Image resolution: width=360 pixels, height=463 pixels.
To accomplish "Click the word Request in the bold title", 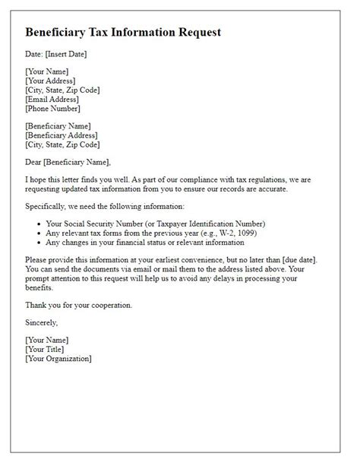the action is click(x=194, y=33).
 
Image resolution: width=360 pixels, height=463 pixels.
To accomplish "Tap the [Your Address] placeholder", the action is click(x=51, y=80).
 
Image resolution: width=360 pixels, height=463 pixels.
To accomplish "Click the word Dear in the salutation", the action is click(x=35, y=161).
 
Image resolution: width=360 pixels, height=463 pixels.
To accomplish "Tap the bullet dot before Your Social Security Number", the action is click(x=38, y=224).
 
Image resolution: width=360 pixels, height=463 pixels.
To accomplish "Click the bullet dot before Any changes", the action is click(x=38, y=243).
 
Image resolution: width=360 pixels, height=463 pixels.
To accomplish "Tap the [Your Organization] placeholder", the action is click(x=58, y=359).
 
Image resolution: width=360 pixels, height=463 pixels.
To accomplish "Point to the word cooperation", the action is click(x=110, y=305).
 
